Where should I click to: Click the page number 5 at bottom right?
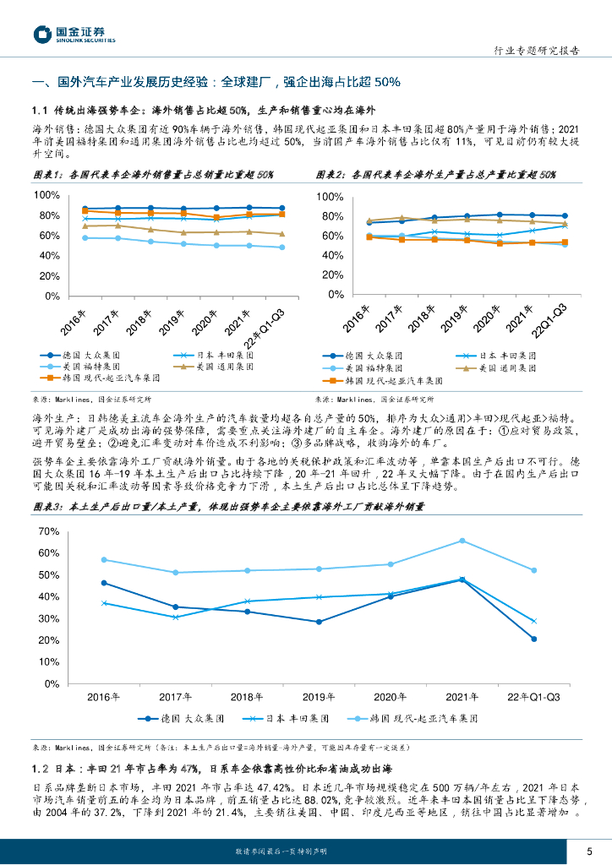(x=588, y=851)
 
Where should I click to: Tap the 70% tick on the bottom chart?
(x=47, y=531)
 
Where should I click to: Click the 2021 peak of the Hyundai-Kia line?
(x=462, y=541)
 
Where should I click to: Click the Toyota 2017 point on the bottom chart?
(x=175, y=617)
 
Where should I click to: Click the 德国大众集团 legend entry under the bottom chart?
(x=183, y=718)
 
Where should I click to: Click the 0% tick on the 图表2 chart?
(x=335, y=295)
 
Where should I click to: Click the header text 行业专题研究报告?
(x=535, y=51)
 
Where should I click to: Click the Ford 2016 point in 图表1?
(x=85, y=238)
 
